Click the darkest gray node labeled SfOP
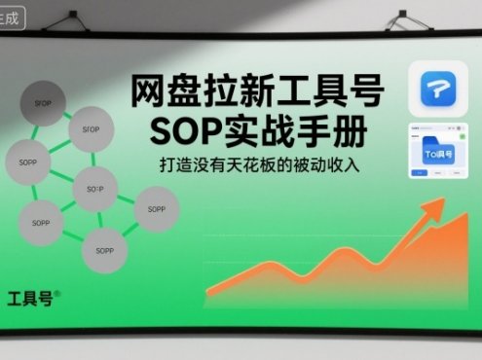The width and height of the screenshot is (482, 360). point(43,101)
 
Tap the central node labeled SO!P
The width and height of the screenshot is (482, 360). point(94,187)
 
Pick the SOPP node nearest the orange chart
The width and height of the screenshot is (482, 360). point(156,207)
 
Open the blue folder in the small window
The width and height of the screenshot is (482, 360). point(439,152)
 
